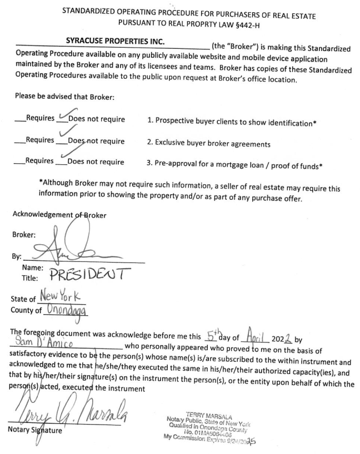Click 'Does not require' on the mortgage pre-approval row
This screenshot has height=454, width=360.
click(x=95, y=162)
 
